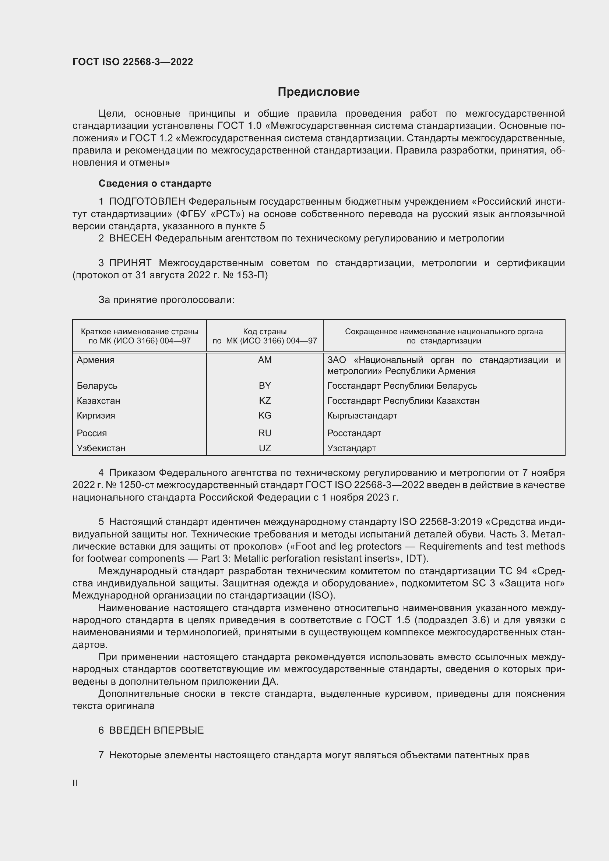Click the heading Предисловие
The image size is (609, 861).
318,92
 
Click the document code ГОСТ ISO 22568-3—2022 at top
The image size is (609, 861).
133,62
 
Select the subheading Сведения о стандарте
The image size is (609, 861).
155,183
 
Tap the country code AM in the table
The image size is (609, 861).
265,360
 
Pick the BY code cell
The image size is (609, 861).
265,385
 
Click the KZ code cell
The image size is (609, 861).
265,400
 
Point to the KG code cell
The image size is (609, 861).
265,416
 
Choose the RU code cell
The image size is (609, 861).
265,433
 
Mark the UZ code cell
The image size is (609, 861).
265,448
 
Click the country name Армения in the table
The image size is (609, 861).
96,360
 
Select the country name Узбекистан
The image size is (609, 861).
101,448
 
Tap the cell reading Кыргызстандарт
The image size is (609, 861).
362,416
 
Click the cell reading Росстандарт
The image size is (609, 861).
354,433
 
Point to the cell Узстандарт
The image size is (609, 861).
351,448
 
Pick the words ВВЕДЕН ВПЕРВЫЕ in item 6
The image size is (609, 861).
156,730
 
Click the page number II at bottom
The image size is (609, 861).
75,783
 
